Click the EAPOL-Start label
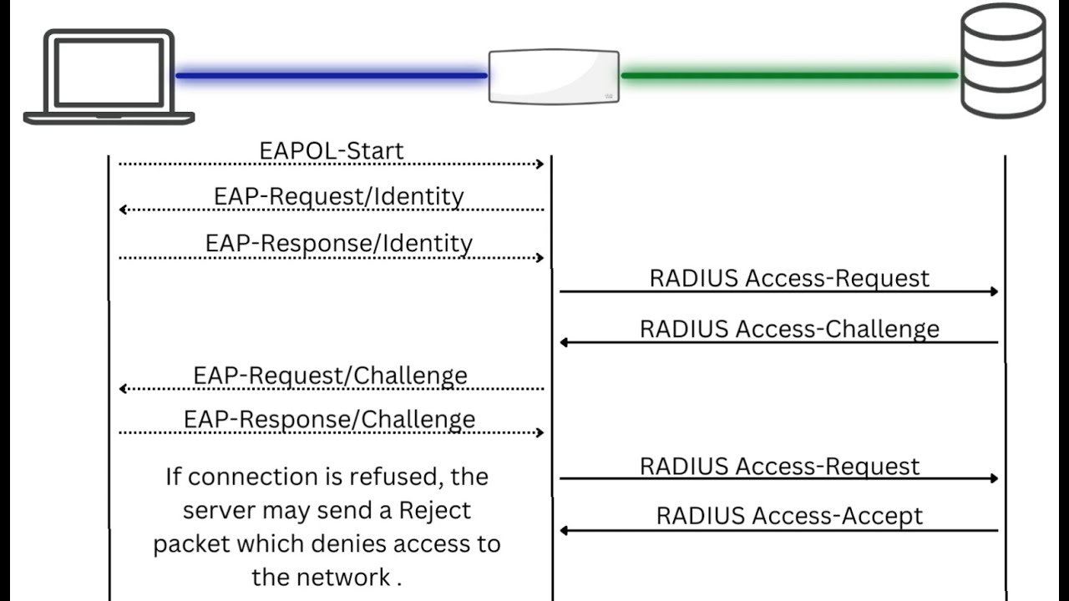click(332, 151)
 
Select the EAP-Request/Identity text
click(339, 196)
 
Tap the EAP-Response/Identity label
click(339, 243)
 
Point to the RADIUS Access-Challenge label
click(789, 329)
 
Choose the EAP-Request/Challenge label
click(330, 376)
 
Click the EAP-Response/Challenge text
click(329, 419)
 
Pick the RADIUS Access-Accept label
click(789, 516)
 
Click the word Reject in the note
click(434, 510)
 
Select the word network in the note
click(342, 577)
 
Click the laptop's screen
click(109, 73)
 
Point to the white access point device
click(554, 76)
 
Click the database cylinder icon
click(1003, 61)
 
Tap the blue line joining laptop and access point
click(332, 75)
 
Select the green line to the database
click(789, 75)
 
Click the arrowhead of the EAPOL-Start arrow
click(540, 164)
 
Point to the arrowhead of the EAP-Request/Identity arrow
click(123, 210)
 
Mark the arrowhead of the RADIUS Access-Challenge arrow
click(564, 342)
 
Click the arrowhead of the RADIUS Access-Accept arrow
click(564, 530)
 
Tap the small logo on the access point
click(609, 96)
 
